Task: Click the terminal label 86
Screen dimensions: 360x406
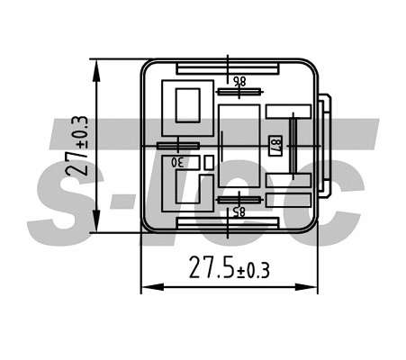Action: tap(239, 80)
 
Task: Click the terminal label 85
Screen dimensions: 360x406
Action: tap(239, 212)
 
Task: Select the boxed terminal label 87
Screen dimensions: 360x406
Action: tap(275, 147)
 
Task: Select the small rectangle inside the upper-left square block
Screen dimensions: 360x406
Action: tap(186, 105)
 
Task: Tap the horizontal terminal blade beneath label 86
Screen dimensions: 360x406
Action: tap(238, 90)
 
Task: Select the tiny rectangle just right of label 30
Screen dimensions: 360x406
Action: tap(208, 162)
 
